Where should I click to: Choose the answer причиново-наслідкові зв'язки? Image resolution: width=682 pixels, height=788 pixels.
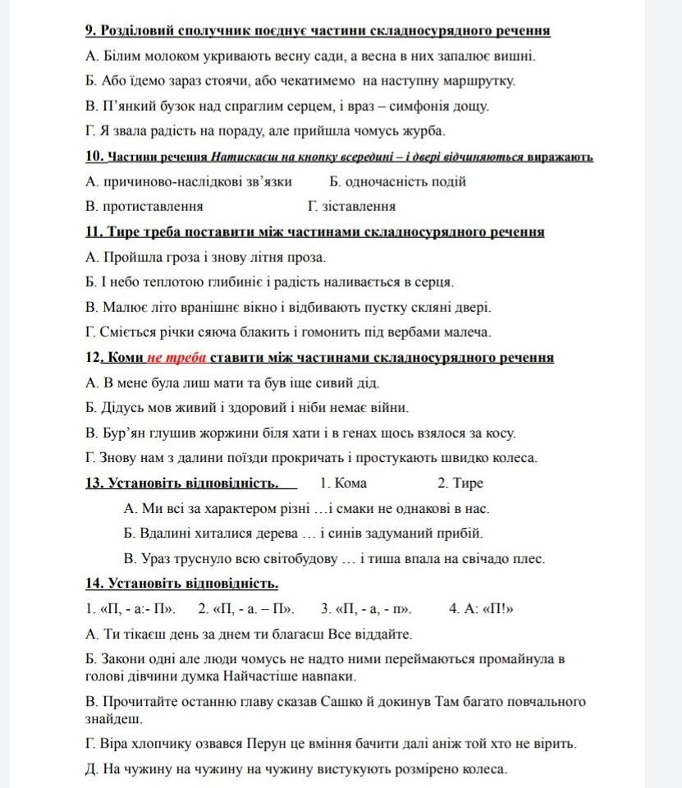tap(188, 181)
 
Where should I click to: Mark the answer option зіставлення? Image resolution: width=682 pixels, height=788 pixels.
tap(351, 206)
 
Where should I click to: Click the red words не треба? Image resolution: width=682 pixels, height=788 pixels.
tap(177, 358)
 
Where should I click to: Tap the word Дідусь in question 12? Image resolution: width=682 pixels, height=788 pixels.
tap(121, 407)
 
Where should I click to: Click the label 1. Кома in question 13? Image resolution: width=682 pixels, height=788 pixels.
tap(343, 483)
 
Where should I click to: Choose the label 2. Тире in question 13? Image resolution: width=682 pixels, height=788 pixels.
tap(460, 483)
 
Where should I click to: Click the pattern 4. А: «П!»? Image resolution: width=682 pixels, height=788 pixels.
tap(481, 609)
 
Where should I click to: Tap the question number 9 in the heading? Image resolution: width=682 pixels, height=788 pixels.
tap(90, 31)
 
